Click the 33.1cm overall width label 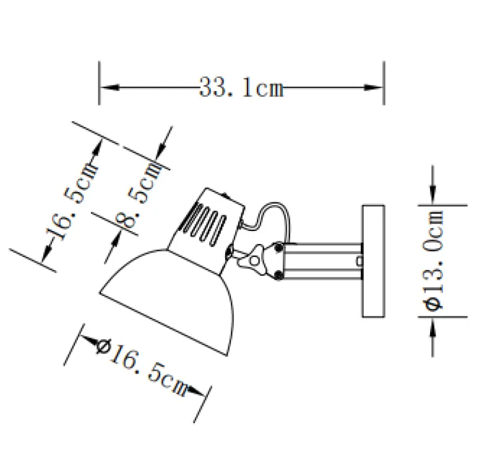[x=241, y=88]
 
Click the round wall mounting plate [x=373, y=260]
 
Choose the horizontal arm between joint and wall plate [x=322, y=260]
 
